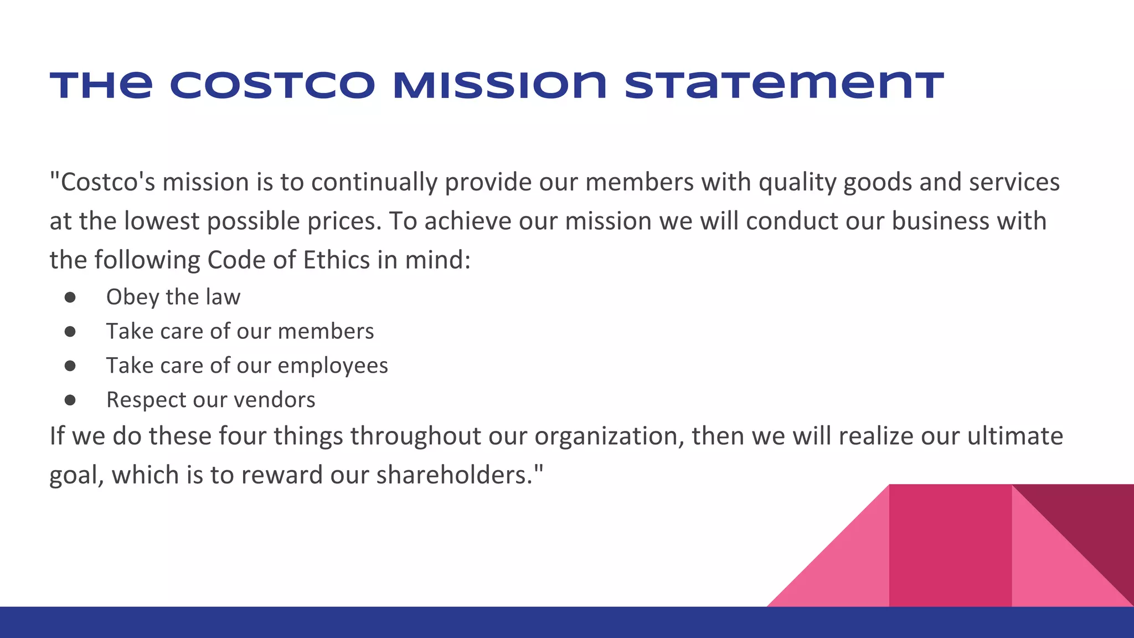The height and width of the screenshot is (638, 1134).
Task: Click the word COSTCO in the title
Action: (x=272, y=86)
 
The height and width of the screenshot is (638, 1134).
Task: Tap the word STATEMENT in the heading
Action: (x=784, y=86)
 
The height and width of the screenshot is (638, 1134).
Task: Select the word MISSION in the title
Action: (x=499, y=86)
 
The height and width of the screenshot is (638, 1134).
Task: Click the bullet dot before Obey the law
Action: (x=70, y=297)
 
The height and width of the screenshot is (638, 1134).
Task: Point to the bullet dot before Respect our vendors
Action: (x=70, y=400)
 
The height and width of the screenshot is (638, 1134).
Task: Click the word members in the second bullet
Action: (x=326, y=332)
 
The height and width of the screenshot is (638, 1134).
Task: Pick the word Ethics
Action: (x=336, y=260)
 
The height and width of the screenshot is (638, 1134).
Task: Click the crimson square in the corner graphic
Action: (x=950, y=546)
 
